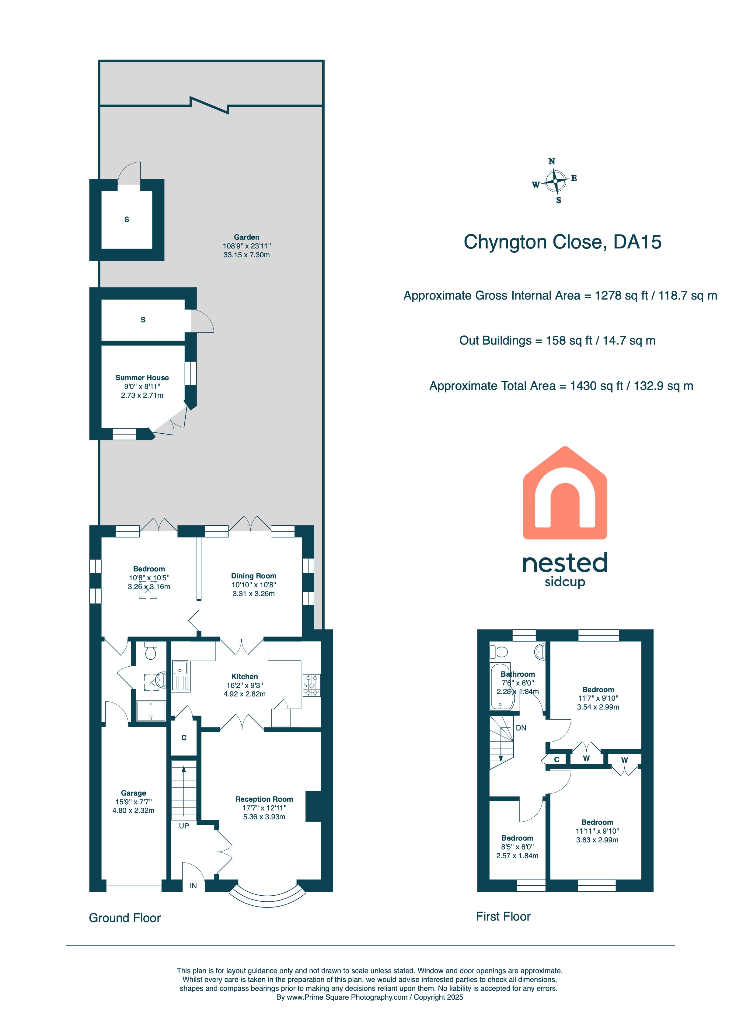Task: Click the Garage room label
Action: click(x=133, y=793)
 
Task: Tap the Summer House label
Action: click(x=142, y=377)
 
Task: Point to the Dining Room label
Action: click(x=254, y=576)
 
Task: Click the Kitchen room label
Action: click(x=245, y=677)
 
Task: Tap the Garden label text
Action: click(x=246, y=237)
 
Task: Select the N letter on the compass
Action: click(x=552, y=161)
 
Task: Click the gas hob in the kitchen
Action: click(x=312, y=685)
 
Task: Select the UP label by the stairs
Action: click(x=184, y=826)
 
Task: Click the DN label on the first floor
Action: click(x=521, y=728)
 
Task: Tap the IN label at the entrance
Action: click(x=194, y=886)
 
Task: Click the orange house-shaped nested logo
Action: click(x=565, y=493)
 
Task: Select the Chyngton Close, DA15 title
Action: click(x=563, y=242)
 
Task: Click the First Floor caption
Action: click(x=503, y=916)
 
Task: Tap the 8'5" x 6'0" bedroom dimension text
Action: click(x=517, y=847)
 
